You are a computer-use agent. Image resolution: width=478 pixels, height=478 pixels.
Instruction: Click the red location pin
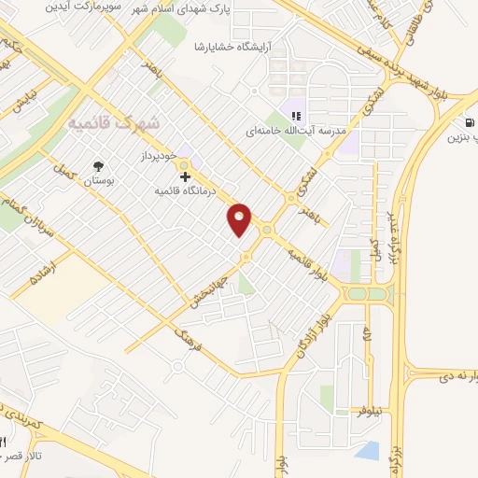click(240, 219)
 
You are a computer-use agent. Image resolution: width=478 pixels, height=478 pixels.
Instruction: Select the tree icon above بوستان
click(97, 167)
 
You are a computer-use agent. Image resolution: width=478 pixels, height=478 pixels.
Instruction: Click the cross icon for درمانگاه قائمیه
click(186, 176)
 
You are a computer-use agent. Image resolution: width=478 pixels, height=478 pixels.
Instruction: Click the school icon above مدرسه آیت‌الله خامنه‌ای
click(295, 117)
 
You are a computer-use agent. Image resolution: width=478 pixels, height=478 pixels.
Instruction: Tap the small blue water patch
click(367, 452)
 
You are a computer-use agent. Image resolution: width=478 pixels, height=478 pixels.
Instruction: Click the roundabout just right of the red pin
click(269, 229)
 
